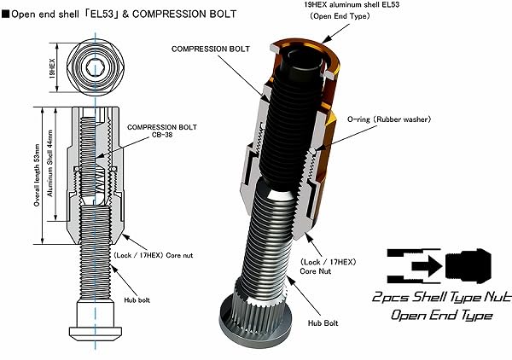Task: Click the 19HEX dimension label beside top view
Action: coord(52,68)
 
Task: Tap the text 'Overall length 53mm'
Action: coord(37,176)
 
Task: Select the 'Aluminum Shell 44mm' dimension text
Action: coord(50,164)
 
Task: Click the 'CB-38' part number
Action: coord(162,135)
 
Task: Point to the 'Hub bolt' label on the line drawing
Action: coord(137,300)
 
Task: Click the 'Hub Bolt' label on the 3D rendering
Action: coord(323,323)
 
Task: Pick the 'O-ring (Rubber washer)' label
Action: coord(389,119)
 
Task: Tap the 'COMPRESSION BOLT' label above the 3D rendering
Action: coord(211,49)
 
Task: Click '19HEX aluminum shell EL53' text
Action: coord(352,4)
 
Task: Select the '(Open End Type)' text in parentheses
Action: coord(340,16)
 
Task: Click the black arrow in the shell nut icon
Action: coord(427,266)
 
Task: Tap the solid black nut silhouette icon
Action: coord(468,266)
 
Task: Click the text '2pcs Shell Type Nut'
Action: coord(441,297)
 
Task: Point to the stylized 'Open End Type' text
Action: coord(441,315)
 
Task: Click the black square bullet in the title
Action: coord(6,14)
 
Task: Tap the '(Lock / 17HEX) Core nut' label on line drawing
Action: coord(153,255)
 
